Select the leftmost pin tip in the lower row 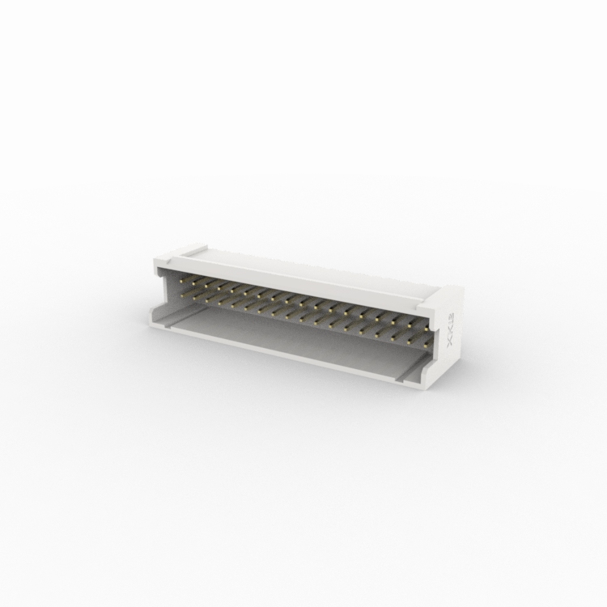[188, 295]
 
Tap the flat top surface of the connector [308, 271]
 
